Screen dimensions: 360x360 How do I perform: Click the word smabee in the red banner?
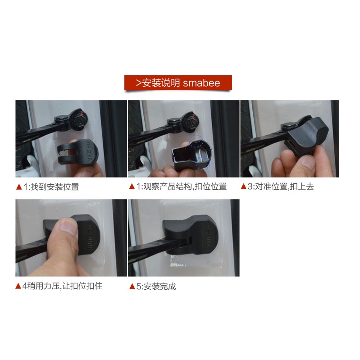(x=201, y=83)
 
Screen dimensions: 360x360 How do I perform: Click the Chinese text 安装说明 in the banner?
(x=161, y=82)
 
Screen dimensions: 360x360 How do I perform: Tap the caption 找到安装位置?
(x=55, y=187)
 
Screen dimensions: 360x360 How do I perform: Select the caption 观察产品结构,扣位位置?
(x=185, y=187)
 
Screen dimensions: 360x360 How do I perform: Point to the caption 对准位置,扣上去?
(x=284, y=186)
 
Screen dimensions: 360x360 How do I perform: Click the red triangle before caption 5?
(x=132, y=286)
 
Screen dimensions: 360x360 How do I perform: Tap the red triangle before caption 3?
(x=243, y=186)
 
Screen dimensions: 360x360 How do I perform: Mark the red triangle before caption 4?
(x=18, y=286)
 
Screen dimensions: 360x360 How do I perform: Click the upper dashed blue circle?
(x=196, y=141)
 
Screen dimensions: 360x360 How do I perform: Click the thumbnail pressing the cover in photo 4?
(x=69, y=226)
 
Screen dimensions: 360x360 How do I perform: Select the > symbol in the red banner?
(x=138, y=83)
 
